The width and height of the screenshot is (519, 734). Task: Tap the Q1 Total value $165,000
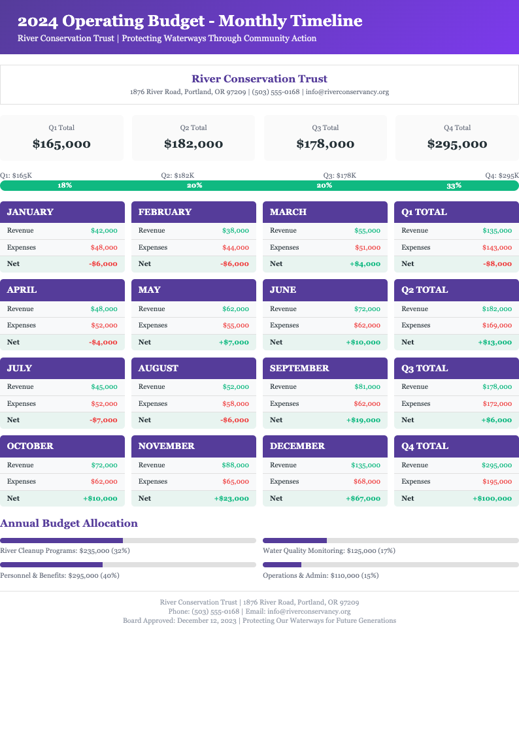[61, 144]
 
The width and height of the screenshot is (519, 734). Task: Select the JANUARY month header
[30, 212]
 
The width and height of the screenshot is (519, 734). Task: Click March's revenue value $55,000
[367, 231]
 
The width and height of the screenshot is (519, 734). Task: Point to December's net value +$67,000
[363, 498]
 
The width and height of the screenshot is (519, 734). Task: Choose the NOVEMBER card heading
[166, 446]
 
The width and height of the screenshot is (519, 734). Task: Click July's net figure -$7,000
[103, 420]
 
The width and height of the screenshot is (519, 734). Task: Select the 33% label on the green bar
[454, 186]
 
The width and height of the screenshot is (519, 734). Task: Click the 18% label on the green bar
[65, 186]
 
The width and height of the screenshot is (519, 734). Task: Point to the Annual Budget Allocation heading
[69, 523]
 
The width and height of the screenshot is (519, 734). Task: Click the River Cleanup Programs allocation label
[65, 551]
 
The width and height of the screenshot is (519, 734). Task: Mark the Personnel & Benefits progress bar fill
[51, 565]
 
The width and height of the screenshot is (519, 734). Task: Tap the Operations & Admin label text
[320, 576]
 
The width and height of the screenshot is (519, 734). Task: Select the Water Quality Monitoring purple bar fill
[294, 541]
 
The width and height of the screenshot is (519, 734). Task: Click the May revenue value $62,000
[235, 309]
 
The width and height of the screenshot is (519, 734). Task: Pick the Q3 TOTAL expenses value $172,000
[498, 404]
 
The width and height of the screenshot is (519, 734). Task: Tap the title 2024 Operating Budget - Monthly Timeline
[190, 21]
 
